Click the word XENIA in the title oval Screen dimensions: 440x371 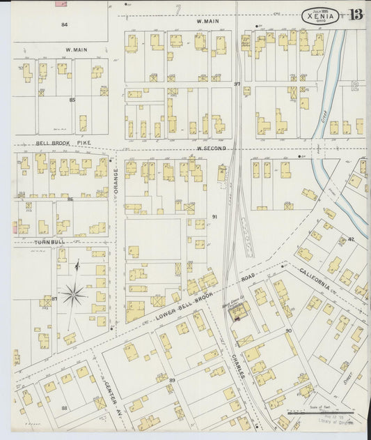tap(320, 16)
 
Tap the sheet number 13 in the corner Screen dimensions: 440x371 tap(356, 15)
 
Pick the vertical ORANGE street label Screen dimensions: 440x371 tap(116, 179)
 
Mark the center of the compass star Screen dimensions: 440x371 tap(73, 295)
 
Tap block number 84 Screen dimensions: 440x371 tap(64, 24)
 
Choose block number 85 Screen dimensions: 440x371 tap(72, 100)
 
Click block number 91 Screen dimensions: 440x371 tap(214, 217)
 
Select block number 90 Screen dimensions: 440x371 tap(287, 331)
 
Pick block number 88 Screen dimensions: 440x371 tap(64, 408)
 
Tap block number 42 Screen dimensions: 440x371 tap(351, 239)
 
